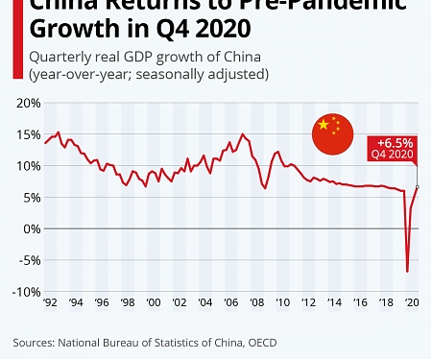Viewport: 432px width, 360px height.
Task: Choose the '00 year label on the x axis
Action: click(153, 301)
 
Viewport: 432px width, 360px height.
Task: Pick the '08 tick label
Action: click(257, 301)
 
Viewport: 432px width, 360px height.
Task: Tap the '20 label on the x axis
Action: click(413, 301)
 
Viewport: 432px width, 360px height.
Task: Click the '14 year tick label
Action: click(335, 301)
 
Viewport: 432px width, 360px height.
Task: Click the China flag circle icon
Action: click(335, 134)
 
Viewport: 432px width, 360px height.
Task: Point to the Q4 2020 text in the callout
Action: click(394, 153)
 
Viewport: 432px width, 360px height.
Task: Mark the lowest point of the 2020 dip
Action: click(407, 272)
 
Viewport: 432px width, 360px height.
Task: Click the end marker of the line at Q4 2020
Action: click(418, 186)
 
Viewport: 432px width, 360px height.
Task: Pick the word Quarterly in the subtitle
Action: click(58, 56)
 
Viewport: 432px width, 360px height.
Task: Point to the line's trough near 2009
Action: click(265, 188)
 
